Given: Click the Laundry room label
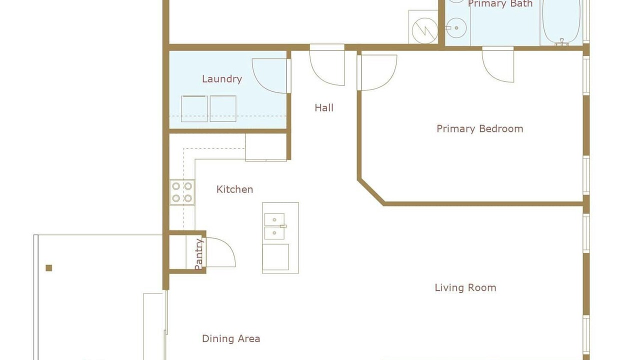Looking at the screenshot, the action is point(222,79).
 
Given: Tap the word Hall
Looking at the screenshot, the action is point(324,107).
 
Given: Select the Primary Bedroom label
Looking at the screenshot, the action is point(480,128).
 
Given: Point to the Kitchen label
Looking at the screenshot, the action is point(234,189).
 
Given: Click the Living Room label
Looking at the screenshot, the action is point(465,287).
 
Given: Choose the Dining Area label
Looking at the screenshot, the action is point(231,338).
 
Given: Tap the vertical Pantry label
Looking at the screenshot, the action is point(199,254).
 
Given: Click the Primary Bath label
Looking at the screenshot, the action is point(500,3).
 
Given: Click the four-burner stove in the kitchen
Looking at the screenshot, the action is point(182,192).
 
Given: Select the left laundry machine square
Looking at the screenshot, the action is point(194,109).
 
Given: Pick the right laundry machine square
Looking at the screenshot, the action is point(223,109).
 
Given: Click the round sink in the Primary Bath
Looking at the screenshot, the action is point(456,28).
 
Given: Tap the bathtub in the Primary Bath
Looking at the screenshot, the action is point(561,21).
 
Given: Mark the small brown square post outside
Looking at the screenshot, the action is point(49,268).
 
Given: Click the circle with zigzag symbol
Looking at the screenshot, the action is point(425,30).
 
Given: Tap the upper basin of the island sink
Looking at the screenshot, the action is point(274,219).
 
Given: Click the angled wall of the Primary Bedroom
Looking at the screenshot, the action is point(371,192).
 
